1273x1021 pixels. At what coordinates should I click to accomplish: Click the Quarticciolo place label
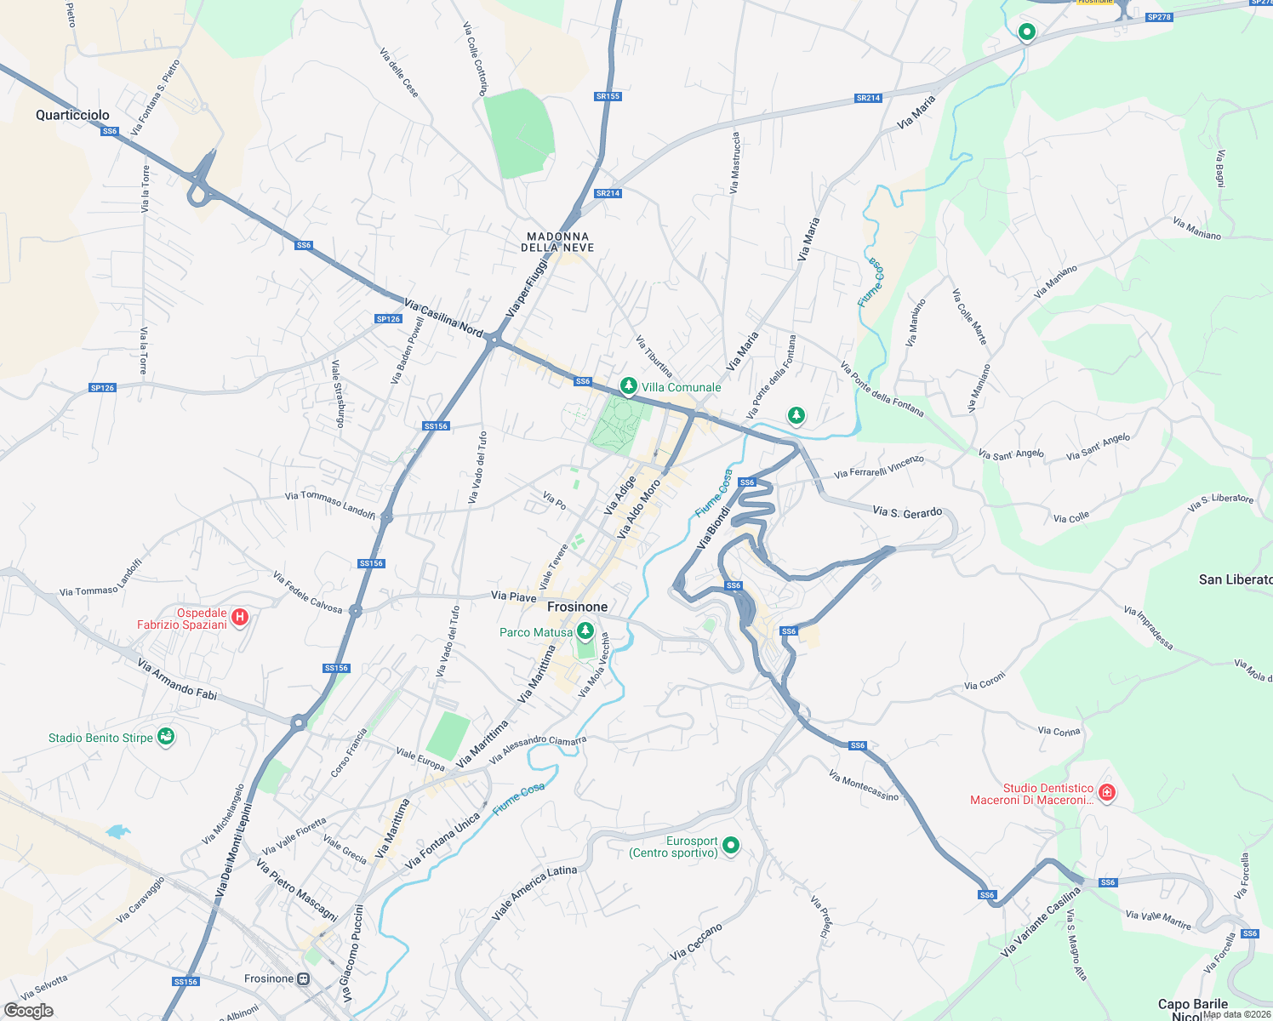(72, 115)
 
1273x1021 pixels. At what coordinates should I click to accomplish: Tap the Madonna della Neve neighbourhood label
(557, 242)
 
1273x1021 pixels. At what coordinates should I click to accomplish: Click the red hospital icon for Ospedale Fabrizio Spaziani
(240, 618)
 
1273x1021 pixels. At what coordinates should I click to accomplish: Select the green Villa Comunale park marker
(628, 386)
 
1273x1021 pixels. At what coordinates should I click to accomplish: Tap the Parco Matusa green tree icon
(585, 631)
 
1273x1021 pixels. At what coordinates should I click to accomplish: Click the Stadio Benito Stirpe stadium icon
(166, 737)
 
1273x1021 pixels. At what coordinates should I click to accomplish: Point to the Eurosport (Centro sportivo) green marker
(731, 845)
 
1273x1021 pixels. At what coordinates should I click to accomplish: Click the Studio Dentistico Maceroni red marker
(1107, 793)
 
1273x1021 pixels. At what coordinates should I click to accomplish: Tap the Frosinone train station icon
(303, 979)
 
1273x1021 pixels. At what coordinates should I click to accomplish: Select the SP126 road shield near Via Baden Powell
(388, 319)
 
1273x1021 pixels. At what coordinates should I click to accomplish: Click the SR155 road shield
(608, 96)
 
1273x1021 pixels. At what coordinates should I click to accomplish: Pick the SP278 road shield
(1158, 17)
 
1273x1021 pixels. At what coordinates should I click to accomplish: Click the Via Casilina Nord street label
(443, 317)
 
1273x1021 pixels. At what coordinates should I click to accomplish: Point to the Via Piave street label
(514, 596)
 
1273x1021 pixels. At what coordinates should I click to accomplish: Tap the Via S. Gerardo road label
(907, 511)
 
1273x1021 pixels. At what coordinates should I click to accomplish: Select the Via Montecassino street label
(863, 785)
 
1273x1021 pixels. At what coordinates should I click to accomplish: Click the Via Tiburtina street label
(654, 356)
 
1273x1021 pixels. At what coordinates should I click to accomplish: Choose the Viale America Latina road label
(534, 893)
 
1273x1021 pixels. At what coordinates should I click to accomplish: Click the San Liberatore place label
(1235, 579)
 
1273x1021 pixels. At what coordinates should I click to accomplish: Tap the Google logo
(29, 1010)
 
